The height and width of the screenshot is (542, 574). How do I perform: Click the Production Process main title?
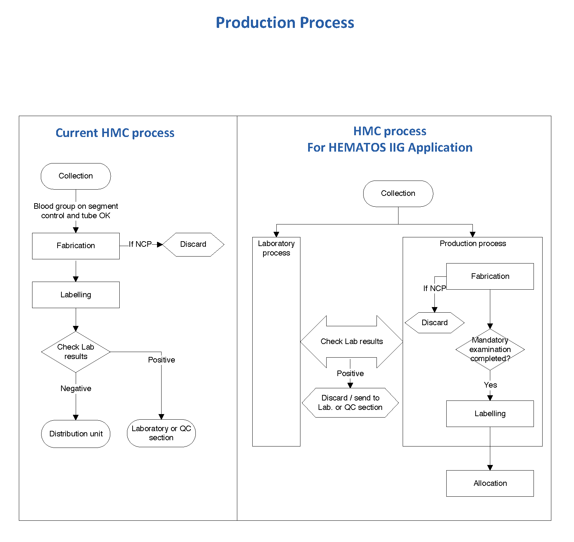click(285, 23)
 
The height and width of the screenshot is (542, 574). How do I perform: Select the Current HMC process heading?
click(115, 133)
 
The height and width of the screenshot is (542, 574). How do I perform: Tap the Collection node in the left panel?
click(76, 176)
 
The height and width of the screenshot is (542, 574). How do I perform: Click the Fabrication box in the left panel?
click(76, 246)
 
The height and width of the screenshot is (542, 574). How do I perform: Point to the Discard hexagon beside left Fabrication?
click(193, 244)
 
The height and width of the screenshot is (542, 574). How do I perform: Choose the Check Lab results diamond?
click(76, 352)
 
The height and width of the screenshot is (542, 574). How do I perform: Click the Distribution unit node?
click(76, 434)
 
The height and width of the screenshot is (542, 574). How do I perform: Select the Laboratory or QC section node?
click(161, 433)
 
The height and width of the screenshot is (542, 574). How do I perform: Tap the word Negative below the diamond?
click(76, 388)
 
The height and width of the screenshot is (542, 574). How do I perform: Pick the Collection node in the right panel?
click(398, 193)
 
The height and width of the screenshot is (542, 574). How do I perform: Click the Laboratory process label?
click(276, 248)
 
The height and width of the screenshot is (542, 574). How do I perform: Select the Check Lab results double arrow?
click(351, 342)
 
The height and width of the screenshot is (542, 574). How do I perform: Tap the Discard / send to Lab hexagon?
click(350, 403)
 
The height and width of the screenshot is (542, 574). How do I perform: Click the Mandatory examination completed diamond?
click(490, 349)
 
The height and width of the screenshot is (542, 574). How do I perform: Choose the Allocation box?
click(490, 483)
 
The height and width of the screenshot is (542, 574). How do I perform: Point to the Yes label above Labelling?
click(490, 385)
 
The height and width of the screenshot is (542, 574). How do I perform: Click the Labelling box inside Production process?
click(490, 413)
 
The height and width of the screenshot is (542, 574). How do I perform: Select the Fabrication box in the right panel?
click(490, 276)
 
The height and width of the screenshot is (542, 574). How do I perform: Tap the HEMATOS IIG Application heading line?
click(390, 147)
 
